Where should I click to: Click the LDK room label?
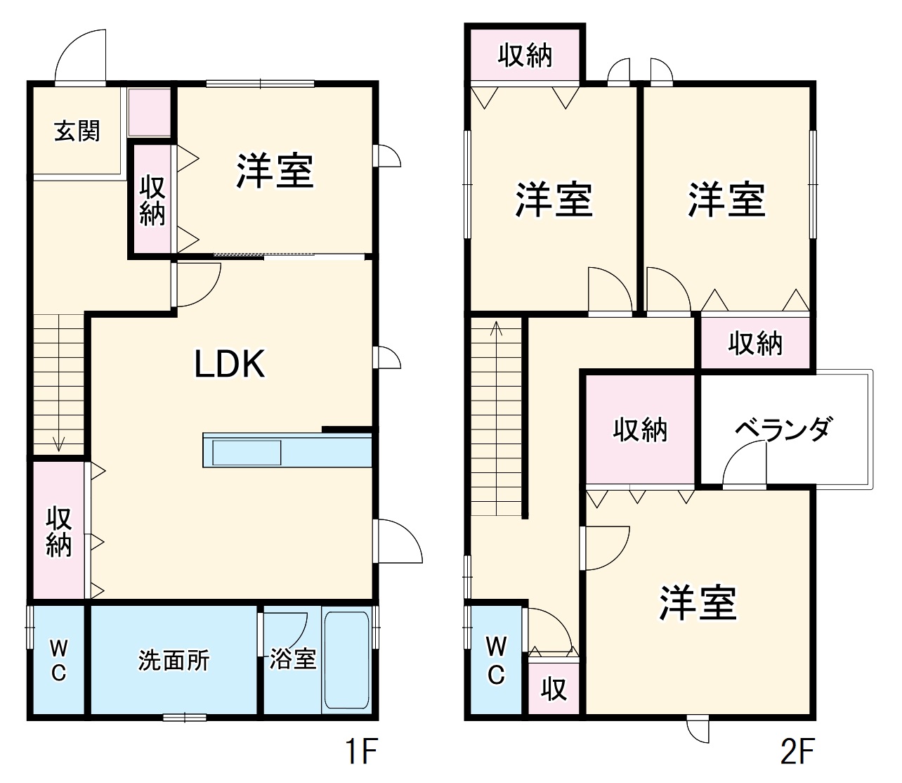(x=230, y=365)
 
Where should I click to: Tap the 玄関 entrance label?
(x=77, y=131)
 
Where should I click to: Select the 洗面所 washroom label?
(x=174, y=660)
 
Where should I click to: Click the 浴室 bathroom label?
(x=293, y=659)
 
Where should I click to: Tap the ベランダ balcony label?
(x=784, y=428)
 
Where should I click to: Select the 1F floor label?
(x=362, y=752)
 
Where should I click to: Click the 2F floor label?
(x=797, y=752)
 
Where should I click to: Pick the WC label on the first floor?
(x=59, y=660)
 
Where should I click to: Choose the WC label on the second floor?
(x=496, y=660)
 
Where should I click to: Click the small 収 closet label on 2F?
(x=554, y=689)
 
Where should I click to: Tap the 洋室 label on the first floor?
(x=274, y=170)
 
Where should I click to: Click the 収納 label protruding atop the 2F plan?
(x=525, y=56)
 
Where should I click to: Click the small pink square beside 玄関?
(x=150, y=112)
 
